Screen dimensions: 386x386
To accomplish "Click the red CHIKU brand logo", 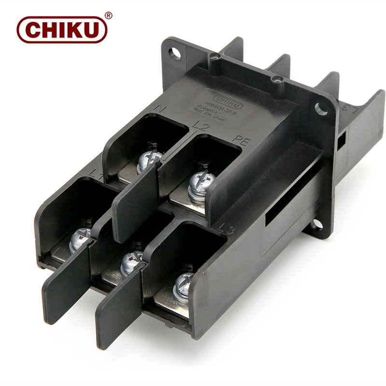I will (61, 29).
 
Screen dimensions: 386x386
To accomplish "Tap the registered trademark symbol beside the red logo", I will (109, 15).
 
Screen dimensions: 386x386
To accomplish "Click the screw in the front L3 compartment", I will (184, 284).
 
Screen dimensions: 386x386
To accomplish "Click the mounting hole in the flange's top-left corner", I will (175, 52).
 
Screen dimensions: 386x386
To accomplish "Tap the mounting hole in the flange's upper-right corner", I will (320, 108).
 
